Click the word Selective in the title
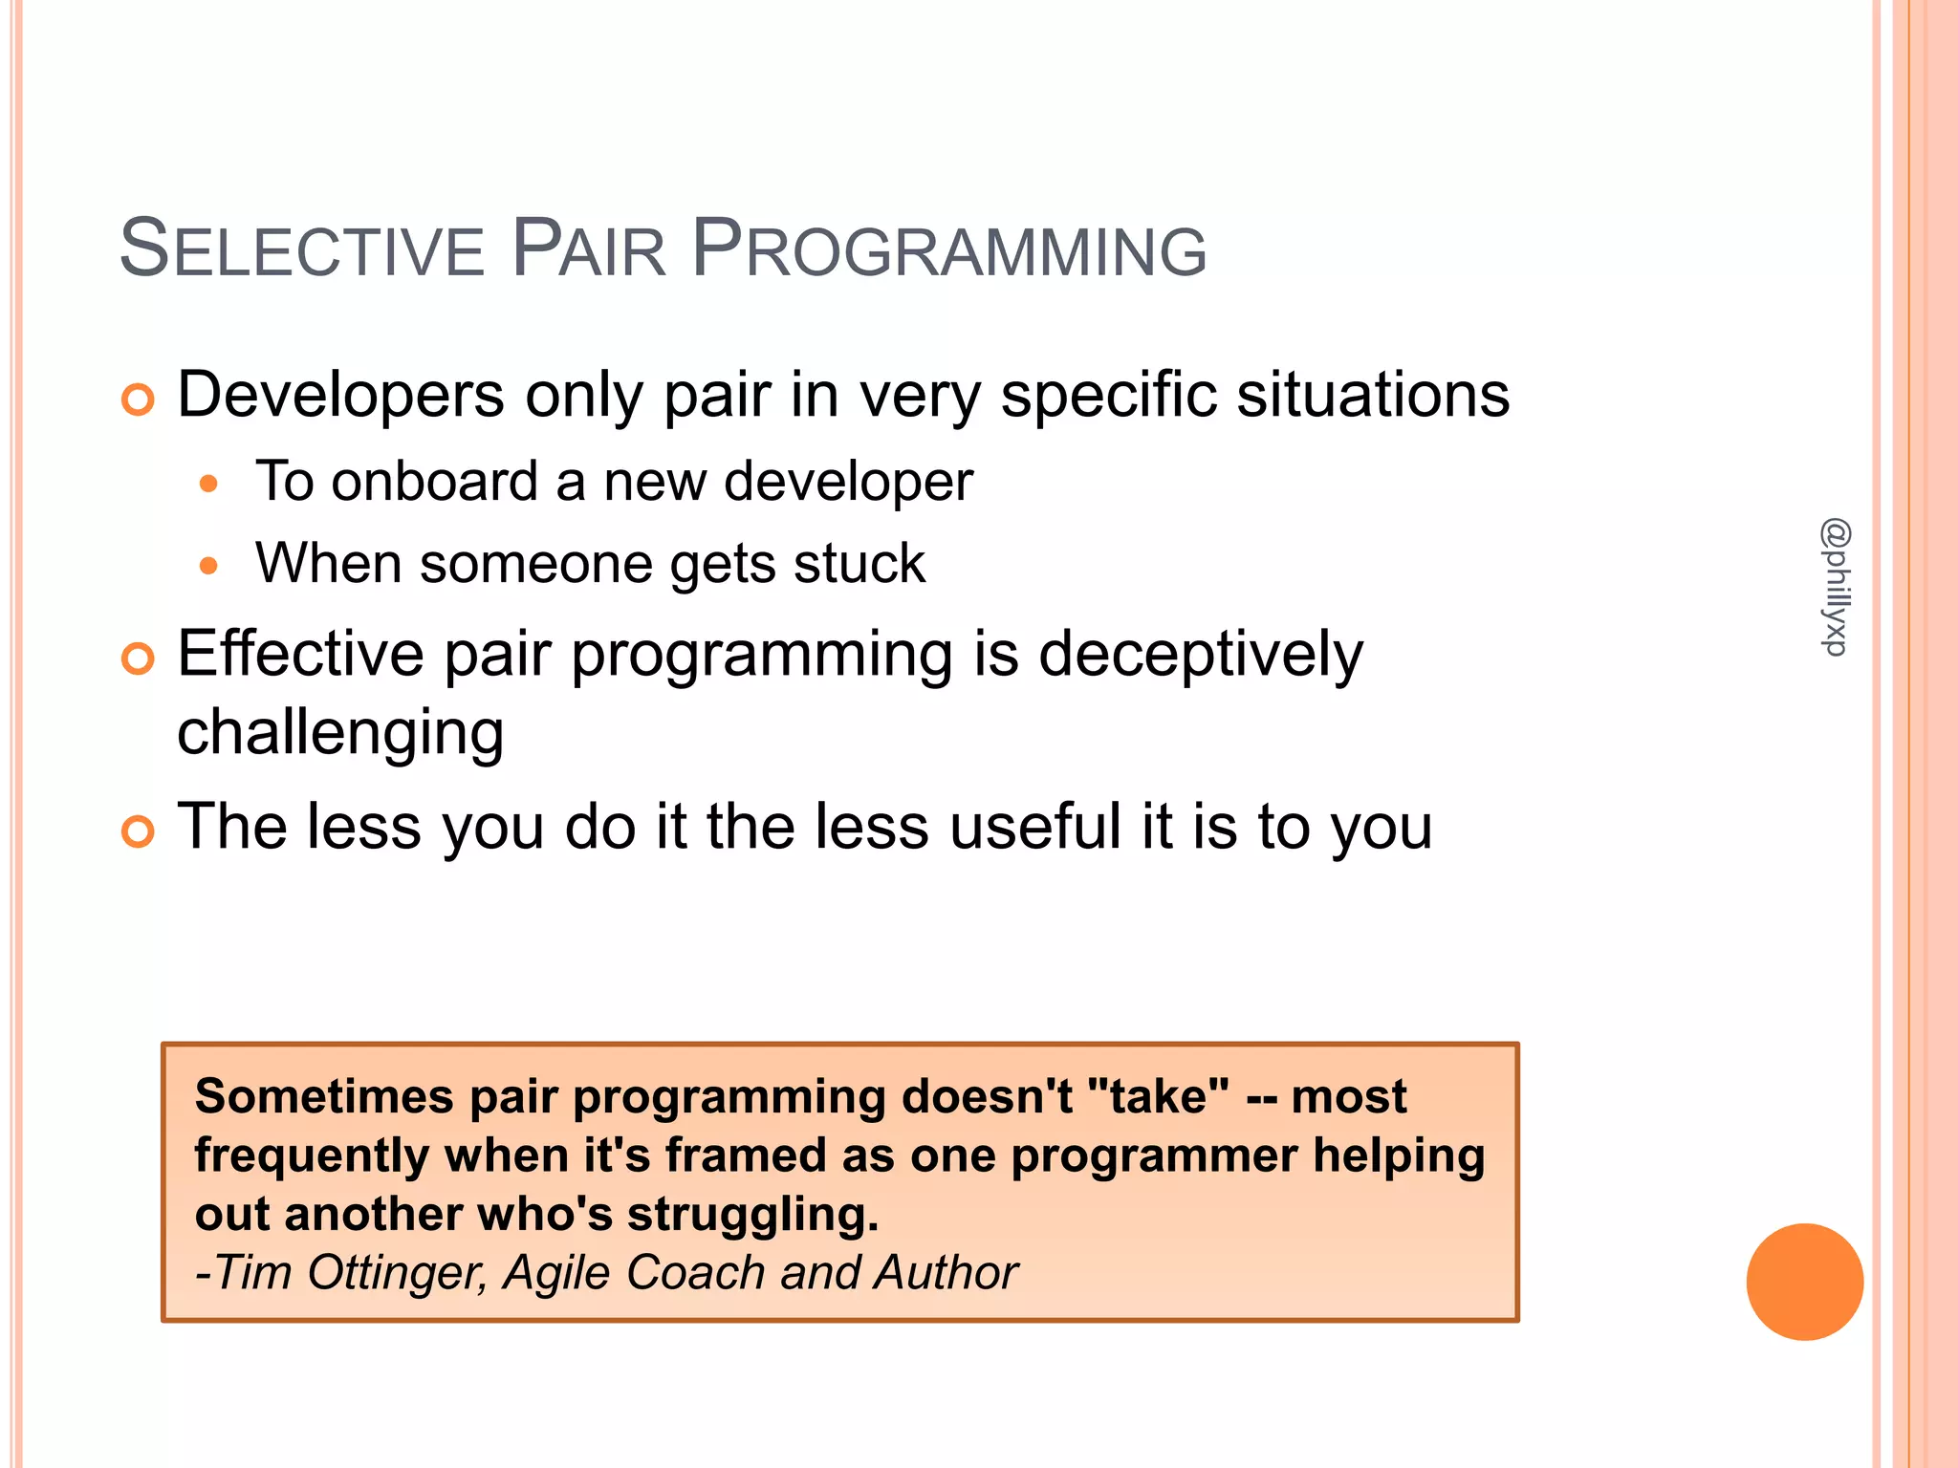click(x=301, y=249)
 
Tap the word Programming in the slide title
click(x=948, y=249)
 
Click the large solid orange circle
click(x=1804, y=1282)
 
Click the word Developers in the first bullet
click(x=340, y=395)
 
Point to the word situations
click(x=1373, y=395)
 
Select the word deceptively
click(x=1201, y=655)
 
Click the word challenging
click(x=340, y=734)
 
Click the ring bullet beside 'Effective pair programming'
click(x=138, y=658)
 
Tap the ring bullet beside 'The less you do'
click(x=138, y=831)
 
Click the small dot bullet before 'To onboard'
click(x=208, y=484)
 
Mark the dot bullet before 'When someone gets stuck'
click(x=208, y=566)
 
